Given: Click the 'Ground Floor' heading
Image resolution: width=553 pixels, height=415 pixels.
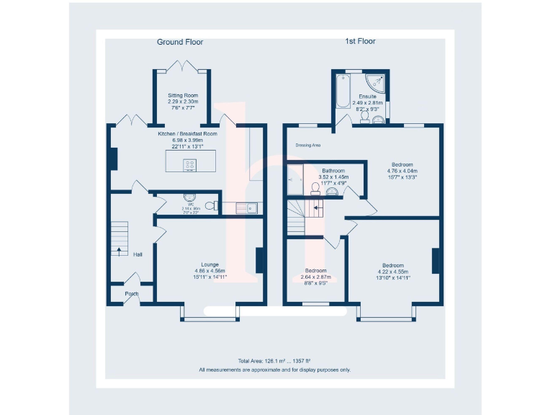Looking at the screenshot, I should click(x=180, y=43).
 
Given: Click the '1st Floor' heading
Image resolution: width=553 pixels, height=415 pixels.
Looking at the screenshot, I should click(x=360, y=42).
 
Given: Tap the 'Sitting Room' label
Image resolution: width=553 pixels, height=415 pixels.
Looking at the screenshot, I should click(x=183, y=96).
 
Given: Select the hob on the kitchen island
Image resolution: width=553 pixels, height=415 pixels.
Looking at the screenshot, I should click(x=190, y=165).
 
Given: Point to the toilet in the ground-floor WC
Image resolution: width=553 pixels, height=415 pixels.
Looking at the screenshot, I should click(x=210, y=206).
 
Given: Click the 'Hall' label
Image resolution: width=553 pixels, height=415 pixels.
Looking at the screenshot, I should click(x=138, y=254).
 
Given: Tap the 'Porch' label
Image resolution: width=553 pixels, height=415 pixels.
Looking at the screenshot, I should click(x=132, y=294).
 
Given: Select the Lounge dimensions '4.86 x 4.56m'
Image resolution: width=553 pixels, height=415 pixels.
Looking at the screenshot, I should click(x=210, y=270).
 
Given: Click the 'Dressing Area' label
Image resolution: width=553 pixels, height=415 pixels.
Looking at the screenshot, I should click(x=307, y=145).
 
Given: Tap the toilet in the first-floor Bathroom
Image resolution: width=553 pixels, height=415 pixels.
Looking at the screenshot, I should click(x=315, y=189).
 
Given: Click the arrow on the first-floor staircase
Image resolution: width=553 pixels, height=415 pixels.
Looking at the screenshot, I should click(x=314, y=208).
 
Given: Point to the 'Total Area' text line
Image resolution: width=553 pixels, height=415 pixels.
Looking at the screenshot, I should click(x=274, y=360).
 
